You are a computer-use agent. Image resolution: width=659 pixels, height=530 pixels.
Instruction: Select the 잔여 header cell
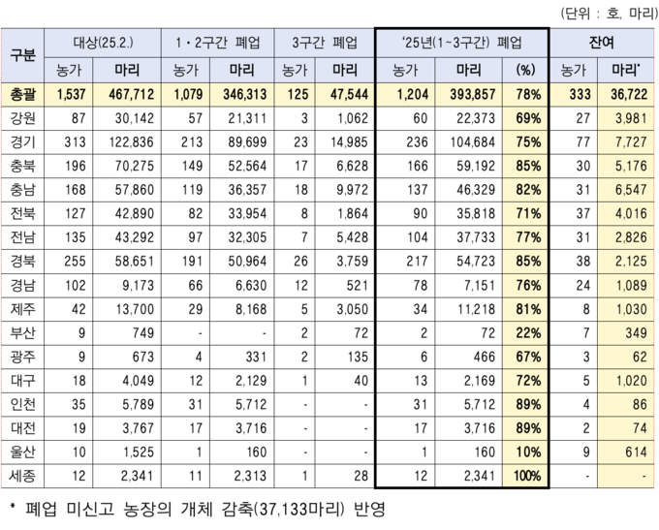point(602,44)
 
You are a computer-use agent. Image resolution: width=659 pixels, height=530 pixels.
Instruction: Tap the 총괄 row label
point(23,93)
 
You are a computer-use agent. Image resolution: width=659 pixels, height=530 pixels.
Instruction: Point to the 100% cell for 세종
point(525,475)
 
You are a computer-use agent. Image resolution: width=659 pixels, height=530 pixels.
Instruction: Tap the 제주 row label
point(23,308)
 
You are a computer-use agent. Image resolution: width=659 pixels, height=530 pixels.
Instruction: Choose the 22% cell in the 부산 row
point(527,331)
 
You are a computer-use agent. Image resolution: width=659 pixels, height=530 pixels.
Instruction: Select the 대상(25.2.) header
point(107,44)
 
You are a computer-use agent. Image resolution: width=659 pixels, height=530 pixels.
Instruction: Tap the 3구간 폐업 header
point(316,44)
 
